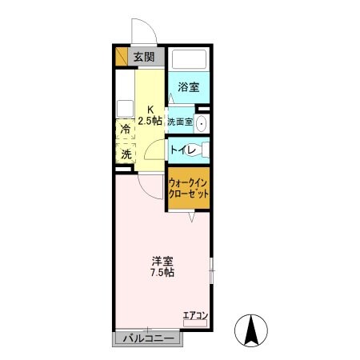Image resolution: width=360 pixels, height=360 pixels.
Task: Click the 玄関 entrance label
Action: click(144, 57)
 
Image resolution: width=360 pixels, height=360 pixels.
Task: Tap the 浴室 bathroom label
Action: click(188, 87)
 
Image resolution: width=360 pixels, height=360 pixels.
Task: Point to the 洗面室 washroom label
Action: click(179, 122)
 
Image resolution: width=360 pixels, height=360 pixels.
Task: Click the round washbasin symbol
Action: click(201, 123)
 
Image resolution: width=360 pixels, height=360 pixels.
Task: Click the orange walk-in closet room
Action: click(188, 189)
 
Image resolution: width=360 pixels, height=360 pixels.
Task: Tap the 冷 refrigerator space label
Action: click(126, 129)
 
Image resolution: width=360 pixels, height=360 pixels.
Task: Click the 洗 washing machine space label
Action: click(126, 154)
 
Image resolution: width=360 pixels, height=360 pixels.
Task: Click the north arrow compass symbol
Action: click(252, 330)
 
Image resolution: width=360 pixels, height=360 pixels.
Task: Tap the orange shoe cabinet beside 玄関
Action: click(122, 57)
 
